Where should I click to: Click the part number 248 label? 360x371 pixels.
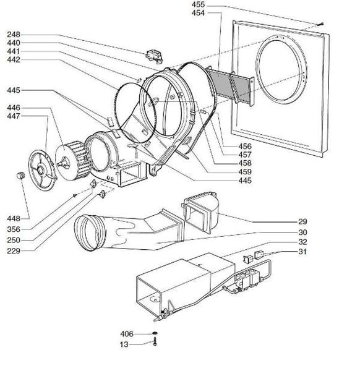coord(14,35)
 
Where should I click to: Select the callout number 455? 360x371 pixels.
coord(198,4)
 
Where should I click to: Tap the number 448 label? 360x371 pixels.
coord(14,219)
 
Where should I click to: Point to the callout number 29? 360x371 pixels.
coord(302,222)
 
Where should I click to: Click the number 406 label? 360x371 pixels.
coord(127,334)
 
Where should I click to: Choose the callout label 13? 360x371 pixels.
coord(124,344)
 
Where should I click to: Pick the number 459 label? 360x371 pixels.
coord(245,172)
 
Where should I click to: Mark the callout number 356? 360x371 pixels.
coord(14,229)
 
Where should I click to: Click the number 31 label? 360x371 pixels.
coord(302,252)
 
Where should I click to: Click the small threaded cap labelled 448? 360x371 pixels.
coord(21,176)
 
